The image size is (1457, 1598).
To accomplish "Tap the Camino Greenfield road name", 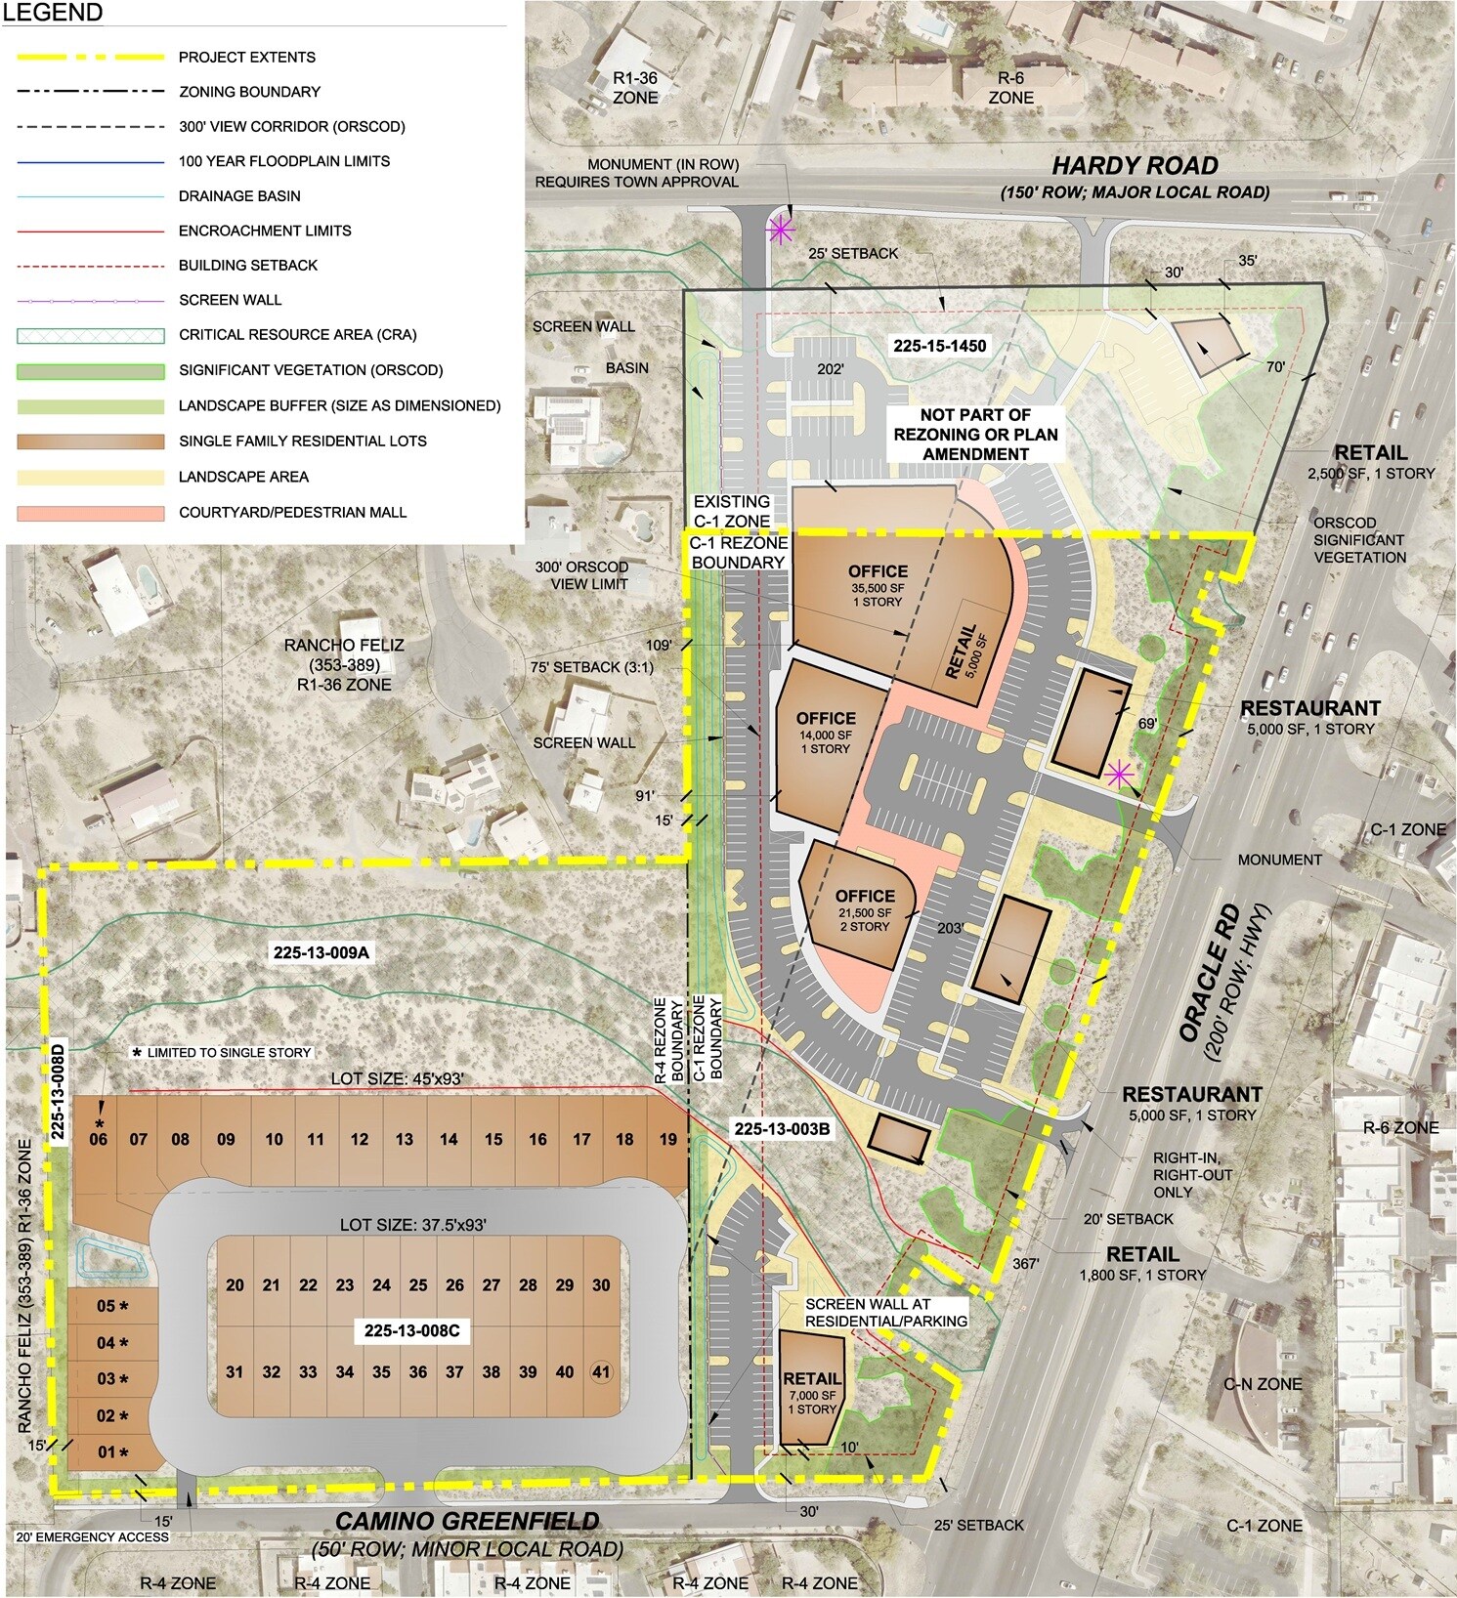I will (x=467, y=1521).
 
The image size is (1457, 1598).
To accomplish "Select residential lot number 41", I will (x=601, y=1371).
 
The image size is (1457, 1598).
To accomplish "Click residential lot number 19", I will (x=667, y=1139).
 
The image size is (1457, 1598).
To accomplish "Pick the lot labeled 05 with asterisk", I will (x=112, y=1306).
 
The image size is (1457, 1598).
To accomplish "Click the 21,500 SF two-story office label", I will (x=864, y=909).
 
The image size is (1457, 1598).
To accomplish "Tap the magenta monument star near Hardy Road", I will (x=779, y=231).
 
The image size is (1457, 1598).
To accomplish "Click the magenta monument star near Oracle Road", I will (x=1120, y=774).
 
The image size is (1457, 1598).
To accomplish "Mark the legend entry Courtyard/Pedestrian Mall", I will (x=292, y=512).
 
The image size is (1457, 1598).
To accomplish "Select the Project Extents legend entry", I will (x=246, y=57).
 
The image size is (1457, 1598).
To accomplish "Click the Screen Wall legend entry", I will (x=231, y=300).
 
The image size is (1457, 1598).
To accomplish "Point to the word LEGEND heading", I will (x=57, y=14).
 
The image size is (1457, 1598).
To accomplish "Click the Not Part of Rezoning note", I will (x=975, y=435).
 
